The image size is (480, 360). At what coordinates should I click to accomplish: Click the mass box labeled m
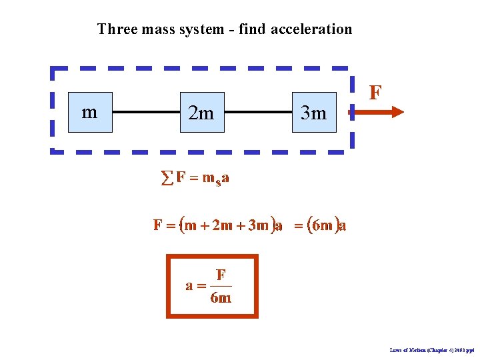89,112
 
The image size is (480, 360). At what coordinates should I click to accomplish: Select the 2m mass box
201,112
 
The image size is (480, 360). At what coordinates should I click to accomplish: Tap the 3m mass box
314,112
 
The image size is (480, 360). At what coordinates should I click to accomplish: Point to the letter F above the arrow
375,92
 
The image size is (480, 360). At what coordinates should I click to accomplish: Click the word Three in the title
117,29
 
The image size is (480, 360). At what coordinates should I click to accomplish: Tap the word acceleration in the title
311,29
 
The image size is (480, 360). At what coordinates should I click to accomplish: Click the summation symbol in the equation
167,178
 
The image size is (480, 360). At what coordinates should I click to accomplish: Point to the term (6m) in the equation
323,225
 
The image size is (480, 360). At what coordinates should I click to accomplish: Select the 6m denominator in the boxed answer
221,298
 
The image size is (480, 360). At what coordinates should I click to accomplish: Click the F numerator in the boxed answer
221,274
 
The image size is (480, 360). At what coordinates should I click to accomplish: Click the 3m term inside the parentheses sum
257,225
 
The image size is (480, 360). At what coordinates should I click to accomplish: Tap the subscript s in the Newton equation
217,181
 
